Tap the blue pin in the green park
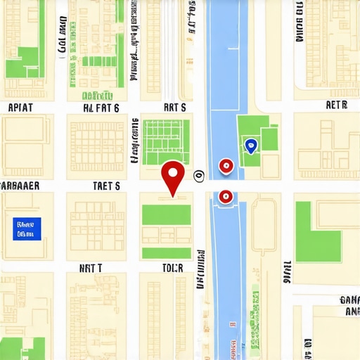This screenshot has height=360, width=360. point(250,146)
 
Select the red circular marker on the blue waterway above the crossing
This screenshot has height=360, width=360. point(226,166)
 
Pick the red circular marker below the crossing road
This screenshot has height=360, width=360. point(225,197)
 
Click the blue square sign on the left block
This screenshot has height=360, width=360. point(27,228)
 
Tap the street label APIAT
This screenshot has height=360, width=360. point(20,108)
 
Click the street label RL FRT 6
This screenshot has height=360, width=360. point(101,108)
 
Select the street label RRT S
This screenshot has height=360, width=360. point(174,108)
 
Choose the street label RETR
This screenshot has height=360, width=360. point(337,105)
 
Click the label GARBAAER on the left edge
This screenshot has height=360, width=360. point(20,186)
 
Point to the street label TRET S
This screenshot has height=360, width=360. point(107,186)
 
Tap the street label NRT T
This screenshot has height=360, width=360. point(91,268)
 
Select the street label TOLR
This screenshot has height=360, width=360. point(172,268)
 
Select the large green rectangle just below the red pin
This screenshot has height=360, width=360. point(167,214)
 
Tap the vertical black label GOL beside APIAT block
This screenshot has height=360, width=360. point(62,35)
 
